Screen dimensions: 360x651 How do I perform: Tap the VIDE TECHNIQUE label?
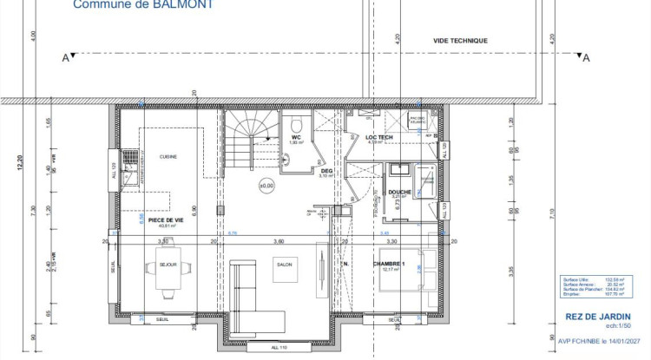[x=460, y=41]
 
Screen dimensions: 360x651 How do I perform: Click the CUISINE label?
[x=168, y=156]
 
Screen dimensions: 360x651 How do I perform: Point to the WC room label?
[x=296, y=137]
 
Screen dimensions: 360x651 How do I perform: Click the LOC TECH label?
[x=379, y=137]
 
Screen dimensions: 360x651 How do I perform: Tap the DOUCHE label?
[x=399, y=192]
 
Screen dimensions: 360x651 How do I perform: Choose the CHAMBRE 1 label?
[x=394, y=263]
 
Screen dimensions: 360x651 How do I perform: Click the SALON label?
[x=284, y=264]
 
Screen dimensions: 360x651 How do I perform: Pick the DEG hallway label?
[x=326, y=171]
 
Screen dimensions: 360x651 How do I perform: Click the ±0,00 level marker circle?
[x=266, y=185]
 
